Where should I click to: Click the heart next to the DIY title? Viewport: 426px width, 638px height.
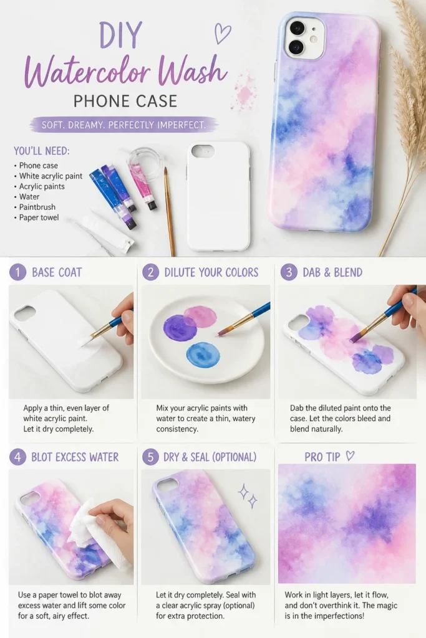click(x=223, y=34)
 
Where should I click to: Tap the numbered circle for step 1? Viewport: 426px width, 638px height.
click(x=17, y=272)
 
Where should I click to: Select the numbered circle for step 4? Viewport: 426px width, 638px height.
click(x=17, y=457)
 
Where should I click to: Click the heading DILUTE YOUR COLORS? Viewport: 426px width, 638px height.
click(x=211, y=272)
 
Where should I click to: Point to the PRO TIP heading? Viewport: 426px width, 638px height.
click(x=322, y=457)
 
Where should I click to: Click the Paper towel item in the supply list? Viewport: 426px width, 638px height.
click(x=39, y=217)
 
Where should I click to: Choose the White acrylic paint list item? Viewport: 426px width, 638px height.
click(x=51, y=176)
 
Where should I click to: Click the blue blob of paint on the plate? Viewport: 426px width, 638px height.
click(x=203, y=355)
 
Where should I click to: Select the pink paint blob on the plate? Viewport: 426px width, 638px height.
click(x=200, y=317)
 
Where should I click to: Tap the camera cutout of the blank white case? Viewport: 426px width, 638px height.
click(x=203, y=151)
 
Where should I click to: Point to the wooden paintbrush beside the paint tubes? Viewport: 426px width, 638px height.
click(x=170, y=211)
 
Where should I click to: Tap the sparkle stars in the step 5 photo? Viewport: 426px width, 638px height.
click(x=247, y=495)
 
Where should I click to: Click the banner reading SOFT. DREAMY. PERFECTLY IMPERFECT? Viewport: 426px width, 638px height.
click(x=123, y=125)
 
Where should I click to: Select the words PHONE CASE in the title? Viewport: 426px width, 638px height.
click(x=125, y=101)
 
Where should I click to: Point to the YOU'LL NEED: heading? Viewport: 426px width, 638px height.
click(x=42, y=151)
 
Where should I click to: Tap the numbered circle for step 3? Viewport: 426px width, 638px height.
click(x=289, y=272)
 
